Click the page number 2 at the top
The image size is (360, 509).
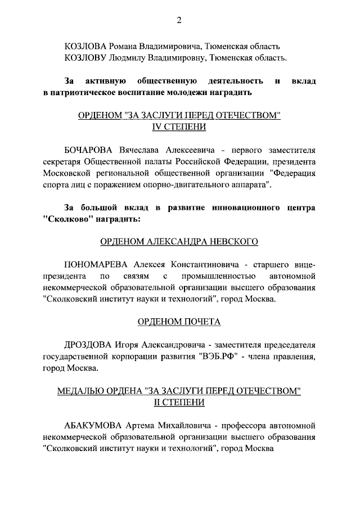(x=179, y=21)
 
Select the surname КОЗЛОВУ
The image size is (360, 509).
(x=86, y=57)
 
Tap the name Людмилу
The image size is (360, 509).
(x=130, y=57)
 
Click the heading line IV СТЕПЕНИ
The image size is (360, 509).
(x=179, y=127)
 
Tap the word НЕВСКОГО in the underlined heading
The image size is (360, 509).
(x=229, y=242)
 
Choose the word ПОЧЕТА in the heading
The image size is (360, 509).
(x=202, y=322)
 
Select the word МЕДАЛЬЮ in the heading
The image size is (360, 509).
(x=78, y=391)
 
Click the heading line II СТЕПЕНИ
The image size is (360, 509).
(x=179, y=403)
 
